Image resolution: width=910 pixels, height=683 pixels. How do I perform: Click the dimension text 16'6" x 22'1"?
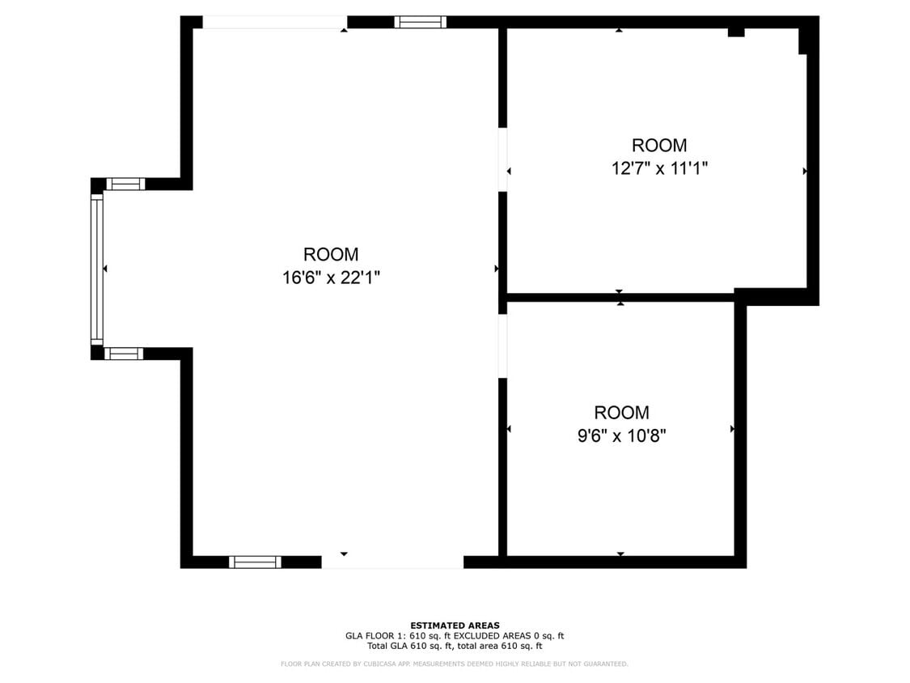[331, 278]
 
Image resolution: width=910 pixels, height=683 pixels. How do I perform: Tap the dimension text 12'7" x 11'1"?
[659, 168]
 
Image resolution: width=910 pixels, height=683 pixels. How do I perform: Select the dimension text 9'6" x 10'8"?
[621, 435]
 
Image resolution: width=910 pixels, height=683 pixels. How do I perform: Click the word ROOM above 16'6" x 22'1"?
[331, 254]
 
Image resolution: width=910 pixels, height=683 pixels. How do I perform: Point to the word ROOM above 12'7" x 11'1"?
[659, 145]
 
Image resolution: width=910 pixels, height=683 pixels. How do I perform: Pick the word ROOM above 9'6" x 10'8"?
[621, 413]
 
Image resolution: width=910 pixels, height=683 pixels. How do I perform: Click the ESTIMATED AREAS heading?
[455, 626]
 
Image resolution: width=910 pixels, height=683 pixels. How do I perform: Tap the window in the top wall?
[421, 22]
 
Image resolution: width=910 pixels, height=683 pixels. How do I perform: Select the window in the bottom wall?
[255, 562]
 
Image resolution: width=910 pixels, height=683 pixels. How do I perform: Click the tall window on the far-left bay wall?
[97, 269]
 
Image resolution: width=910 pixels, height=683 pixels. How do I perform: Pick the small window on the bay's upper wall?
[126, 185]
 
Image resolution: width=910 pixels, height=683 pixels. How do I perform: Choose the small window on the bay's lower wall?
[124, 353]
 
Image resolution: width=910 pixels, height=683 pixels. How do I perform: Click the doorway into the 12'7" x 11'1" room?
[502, 159]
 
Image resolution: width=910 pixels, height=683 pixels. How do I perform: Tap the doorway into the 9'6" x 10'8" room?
[502, 346]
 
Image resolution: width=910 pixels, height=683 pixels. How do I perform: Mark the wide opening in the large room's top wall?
[274, 22]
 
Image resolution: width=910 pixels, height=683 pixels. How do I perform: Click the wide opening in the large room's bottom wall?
[393, 562]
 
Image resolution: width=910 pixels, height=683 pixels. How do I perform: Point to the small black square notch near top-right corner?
[736, 32]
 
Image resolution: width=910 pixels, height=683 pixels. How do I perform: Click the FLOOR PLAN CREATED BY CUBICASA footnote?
[455, 664]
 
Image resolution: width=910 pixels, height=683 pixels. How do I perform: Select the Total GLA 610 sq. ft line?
[455, 646]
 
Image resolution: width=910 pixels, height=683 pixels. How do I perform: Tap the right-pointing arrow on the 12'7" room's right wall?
[805, 172]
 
